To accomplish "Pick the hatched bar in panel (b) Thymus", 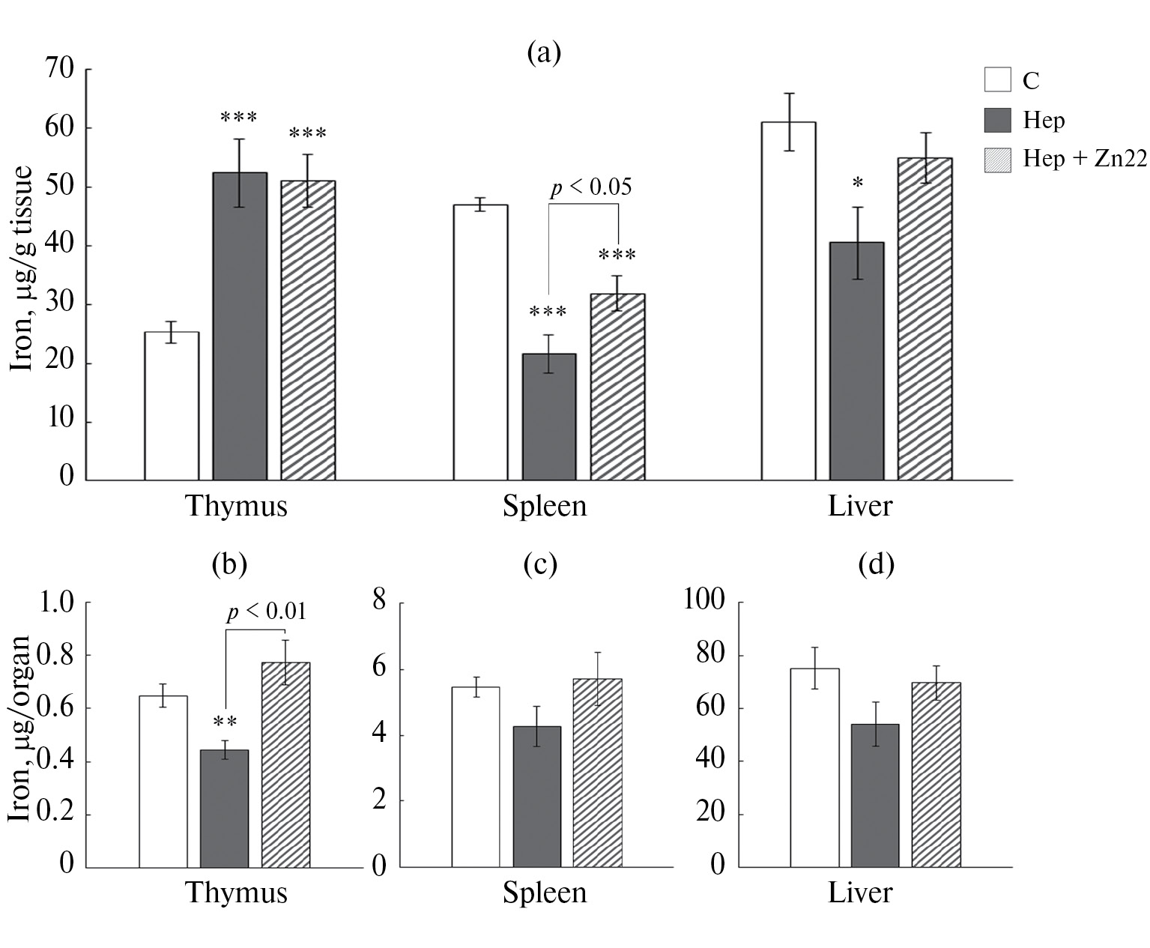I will click(x=285, y=765).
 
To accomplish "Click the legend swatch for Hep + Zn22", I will click(x=997, y=160).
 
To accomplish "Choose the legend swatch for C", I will click(x=997, y=79).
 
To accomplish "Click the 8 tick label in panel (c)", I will click(x=379, y=601).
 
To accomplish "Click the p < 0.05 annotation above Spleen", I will click(x=590, y=187).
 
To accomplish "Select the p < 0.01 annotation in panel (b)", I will click(x=266, y=612).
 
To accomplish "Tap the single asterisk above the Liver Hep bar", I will click(x=858, y=184).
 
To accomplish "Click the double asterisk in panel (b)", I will click(x=225, y=722).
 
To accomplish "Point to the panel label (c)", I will click(x=540, y=564).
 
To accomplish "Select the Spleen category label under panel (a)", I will click(x=545, y=507).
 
